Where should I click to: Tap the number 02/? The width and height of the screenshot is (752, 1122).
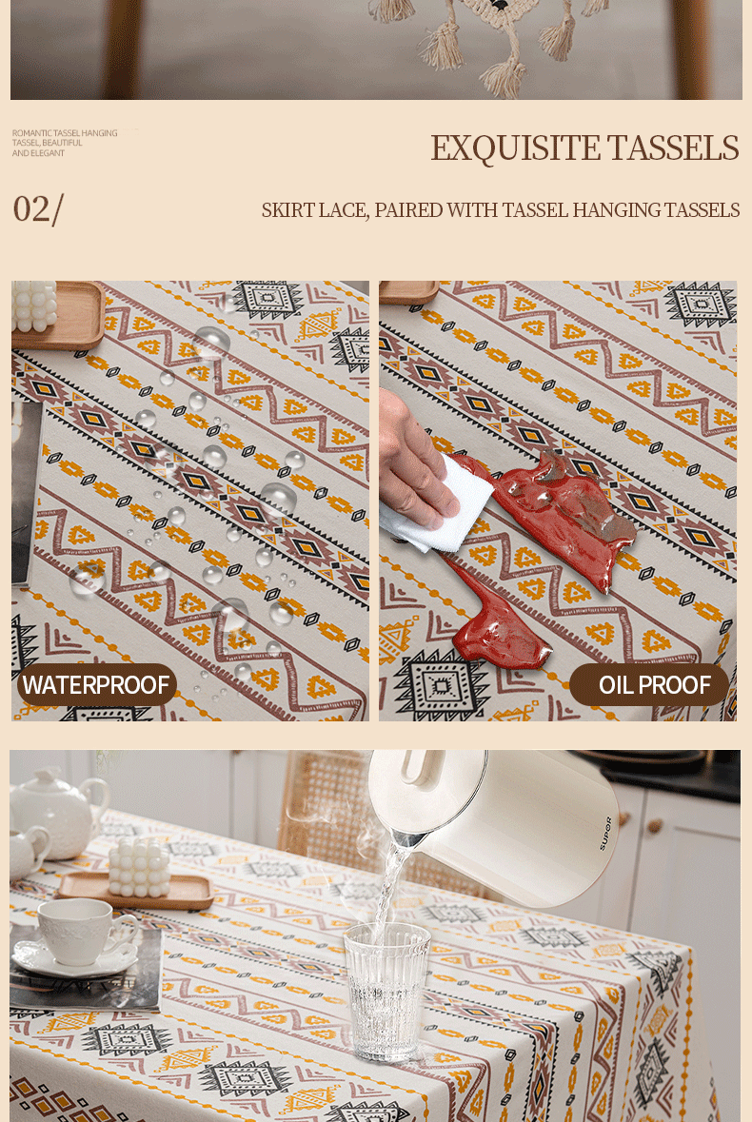click(x=38, y=209)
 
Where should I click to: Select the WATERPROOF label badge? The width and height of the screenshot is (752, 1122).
click(x=96, y=685)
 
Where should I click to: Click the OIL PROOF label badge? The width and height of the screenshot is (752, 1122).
click(x=650, y=685)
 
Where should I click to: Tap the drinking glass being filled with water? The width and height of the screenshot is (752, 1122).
click(x=386, y=991)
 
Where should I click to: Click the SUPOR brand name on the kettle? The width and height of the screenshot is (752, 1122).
click(x=606, y=834)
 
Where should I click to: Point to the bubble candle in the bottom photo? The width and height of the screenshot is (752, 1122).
click(x=139, y=868)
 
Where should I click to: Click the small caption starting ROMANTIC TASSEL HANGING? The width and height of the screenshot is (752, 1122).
click(x=65, y=143)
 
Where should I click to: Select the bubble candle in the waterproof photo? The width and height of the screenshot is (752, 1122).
click(x=33, y=305)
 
